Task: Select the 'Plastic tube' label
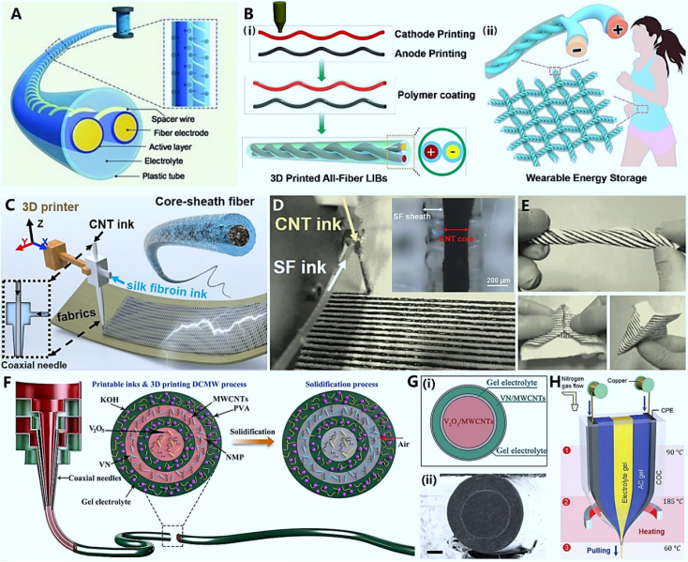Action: point(169,175)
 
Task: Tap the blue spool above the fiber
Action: point(123,18)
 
